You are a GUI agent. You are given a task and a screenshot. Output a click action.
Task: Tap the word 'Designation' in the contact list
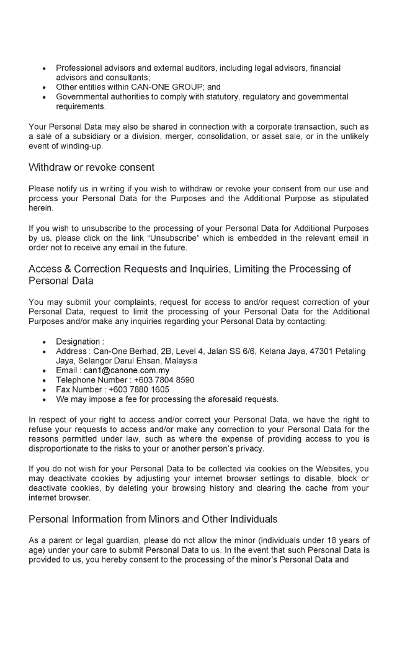(x=78, y=342)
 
